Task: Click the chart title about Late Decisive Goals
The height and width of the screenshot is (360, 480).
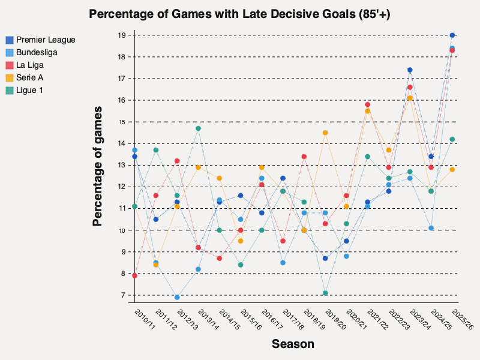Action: (239, 14)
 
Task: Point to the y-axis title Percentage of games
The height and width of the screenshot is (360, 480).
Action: (97, 166)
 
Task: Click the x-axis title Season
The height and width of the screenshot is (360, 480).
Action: (293, 344)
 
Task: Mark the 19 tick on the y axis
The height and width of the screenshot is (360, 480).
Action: (121, 35)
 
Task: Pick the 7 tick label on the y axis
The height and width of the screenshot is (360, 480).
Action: (122, 295)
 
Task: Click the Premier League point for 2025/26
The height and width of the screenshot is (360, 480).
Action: (452, 35)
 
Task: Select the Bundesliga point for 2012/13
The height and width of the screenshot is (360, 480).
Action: (177, 297)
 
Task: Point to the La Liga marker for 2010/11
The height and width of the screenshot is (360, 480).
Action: (135, 275)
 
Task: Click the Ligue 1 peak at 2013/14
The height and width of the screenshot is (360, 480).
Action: (198, 128)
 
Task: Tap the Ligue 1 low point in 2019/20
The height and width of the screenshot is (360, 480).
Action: (325, 293)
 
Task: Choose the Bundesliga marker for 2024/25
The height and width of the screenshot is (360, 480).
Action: (431, 228)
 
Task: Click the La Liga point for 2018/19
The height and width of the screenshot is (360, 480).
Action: (304, 157)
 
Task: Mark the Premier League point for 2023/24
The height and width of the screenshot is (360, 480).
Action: (410, 70)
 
